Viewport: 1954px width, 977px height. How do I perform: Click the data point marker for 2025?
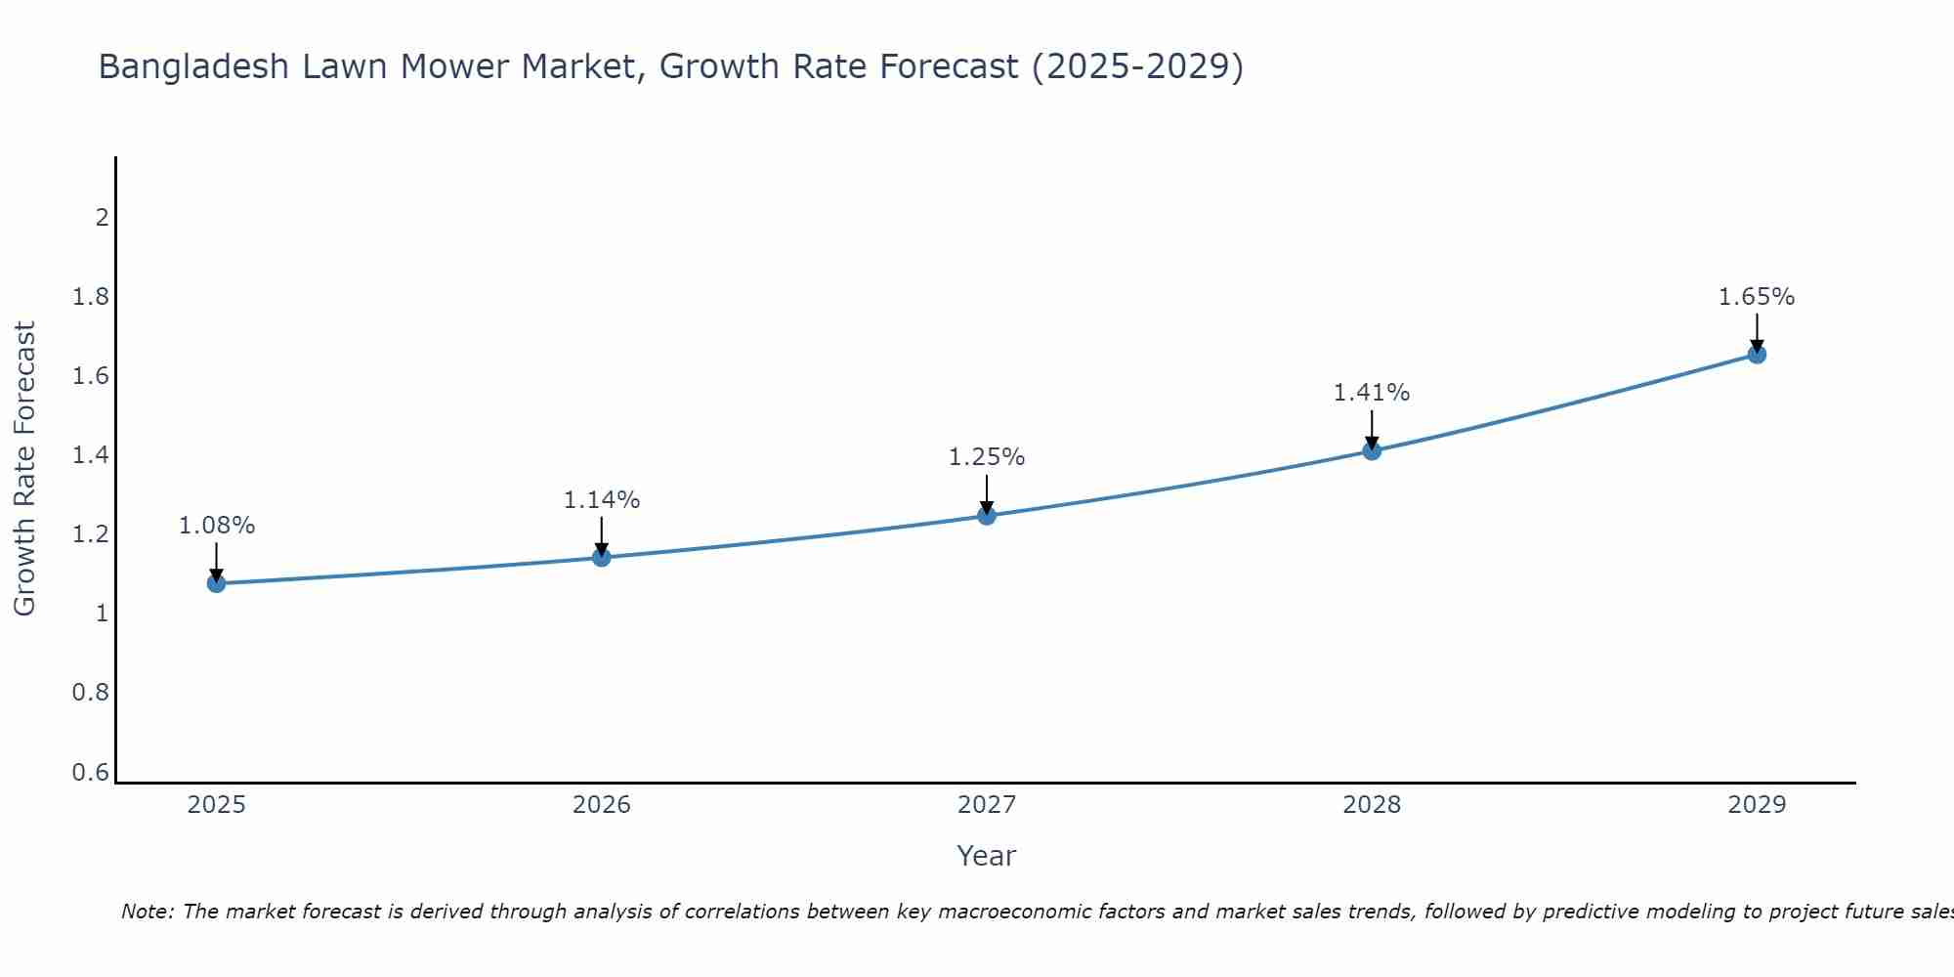click(x=216, y=583)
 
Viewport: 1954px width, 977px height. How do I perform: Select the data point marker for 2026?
click(x=602, y=557)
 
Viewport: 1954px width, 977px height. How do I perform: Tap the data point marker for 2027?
click(x=987, y=515)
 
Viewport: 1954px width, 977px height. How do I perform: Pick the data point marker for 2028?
click(x=1372, y=450)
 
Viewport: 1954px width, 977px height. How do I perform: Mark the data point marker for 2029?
click(x=1757, y=354)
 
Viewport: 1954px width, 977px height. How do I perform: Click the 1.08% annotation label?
click(x=216, y=526)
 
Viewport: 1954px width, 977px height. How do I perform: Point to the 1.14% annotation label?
click(x=602, y=500)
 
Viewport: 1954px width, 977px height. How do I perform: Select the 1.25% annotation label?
click(x=987, y=457)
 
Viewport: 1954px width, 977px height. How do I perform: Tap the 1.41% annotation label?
click(x=1372, y=393)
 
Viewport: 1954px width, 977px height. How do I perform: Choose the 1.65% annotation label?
click(x=1757, y=297)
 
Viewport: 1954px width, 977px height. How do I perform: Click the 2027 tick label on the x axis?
click(x=987, y=805)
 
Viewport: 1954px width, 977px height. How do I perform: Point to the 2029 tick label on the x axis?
click(x=1757, y=805)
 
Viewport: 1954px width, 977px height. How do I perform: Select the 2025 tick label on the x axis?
click(x=216, y=805)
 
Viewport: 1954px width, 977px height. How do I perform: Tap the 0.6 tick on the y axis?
click(x=91, y=773)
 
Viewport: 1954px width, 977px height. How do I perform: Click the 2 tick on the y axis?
click(x=102, y=217)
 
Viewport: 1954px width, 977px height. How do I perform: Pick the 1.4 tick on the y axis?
click(x=91, y=455)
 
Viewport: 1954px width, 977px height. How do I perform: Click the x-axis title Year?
click(x=987, y=856)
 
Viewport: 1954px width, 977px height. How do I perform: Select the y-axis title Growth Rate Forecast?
click(x=24, y=469)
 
